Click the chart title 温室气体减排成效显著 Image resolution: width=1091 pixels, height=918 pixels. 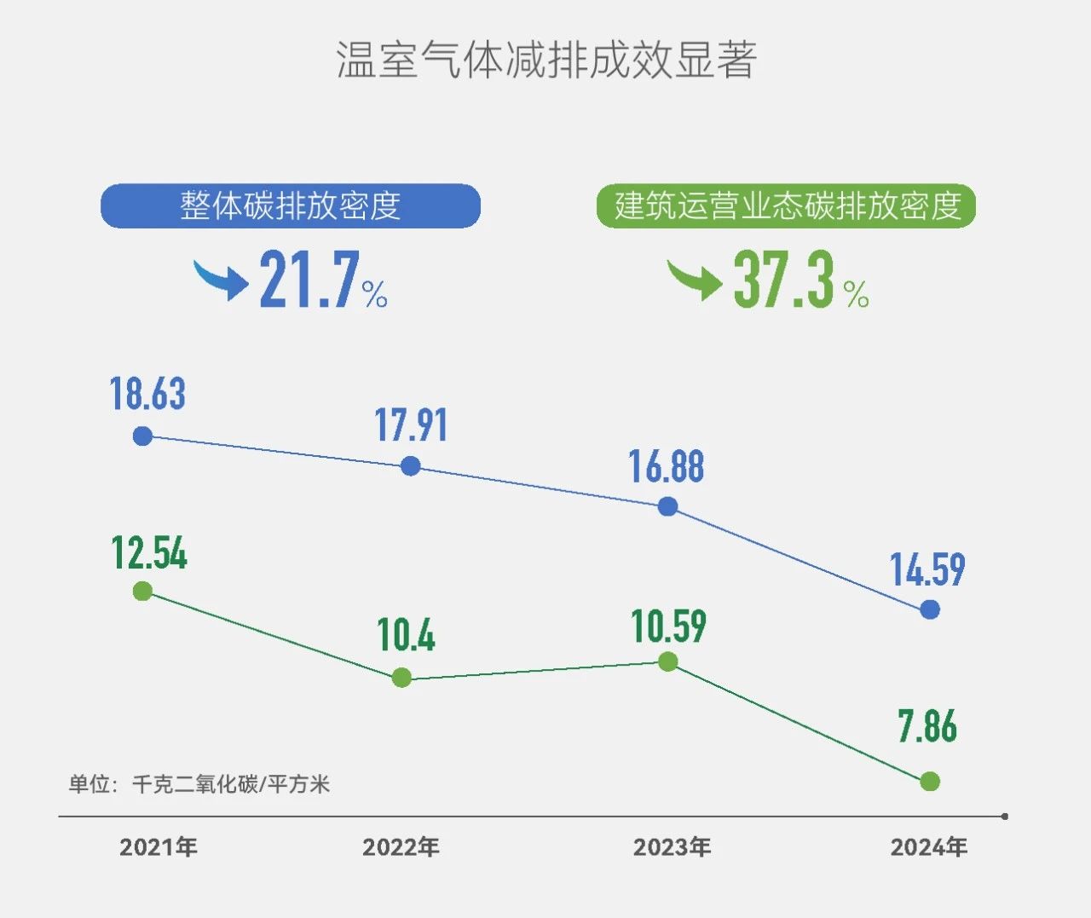coord(545,60)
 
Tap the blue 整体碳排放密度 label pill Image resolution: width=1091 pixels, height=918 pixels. coord(291,206)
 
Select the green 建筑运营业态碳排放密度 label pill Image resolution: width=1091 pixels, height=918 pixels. coord(786,206)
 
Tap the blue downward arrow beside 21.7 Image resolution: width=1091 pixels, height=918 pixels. coord(221,279)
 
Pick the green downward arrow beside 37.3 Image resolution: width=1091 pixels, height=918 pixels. coord(694,279)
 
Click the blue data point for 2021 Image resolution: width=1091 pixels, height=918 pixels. coord(143,436)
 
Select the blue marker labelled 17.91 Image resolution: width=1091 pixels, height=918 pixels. coord(411,466)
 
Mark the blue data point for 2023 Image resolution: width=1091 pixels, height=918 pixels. coord(668,507)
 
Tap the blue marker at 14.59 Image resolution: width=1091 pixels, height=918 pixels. coord(930,609)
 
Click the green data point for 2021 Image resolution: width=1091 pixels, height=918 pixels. coord(143,592)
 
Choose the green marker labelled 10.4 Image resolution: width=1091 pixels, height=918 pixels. coord(401,678)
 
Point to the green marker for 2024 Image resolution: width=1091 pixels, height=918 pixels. coord(930,782)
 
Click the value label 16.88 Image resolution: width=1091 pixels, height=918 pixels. coord(667,467)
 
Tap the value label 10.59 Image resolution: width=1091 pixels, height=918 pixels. coord(669,626)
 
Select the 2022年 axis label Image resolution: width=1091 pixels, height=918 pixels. coord(401,847)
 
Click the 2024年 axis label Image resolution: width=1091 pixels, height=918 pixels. coord(929,847)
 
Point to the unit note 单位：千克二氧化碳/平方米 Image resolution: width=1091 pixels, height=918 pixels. coord(199,784)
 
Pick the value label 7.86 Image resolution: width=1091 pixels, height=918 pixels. coord(927,726)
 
